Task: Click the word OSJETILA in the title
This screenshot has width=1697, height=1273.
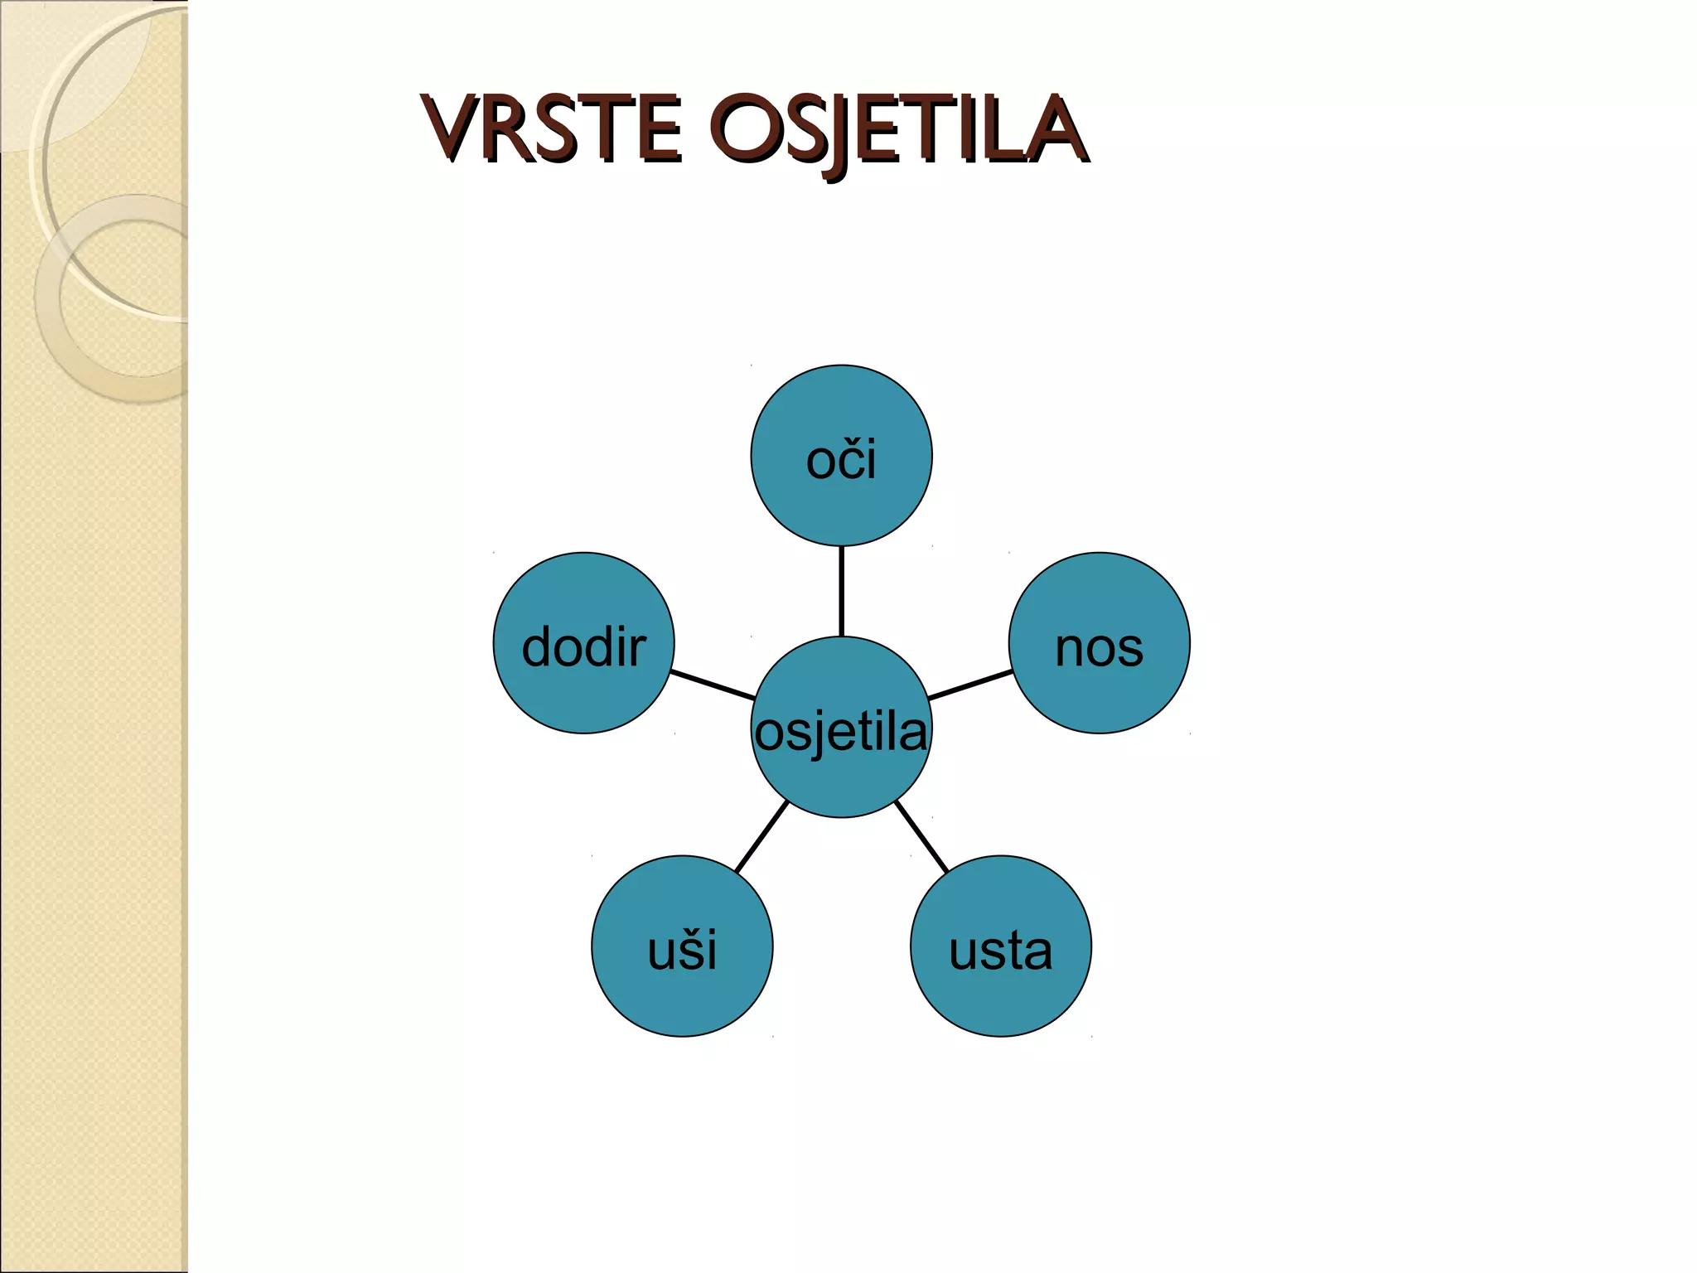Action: point(899,131)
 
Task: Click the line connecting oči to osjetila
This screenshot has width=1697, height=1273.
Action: point(841,591)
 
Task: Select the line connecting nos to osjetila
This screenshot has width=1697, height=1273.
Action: point(969,685)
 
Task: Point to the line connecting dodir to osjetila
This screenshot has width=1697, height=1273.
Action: point(713,685)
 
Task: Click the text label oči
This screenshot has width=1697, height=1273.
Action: point(841,460)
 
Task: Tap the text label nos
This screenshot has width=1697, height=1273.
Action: point(1100,647)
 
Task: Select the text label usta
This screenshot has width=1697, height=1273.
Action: point(1001,951)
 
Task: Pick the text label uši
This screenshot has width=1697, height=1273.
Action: point(682,951)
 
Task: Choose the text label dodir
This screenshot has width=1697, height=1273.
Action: point(583,647)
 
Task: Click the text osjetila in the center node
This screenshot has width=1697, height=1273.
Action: point(841,733)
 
